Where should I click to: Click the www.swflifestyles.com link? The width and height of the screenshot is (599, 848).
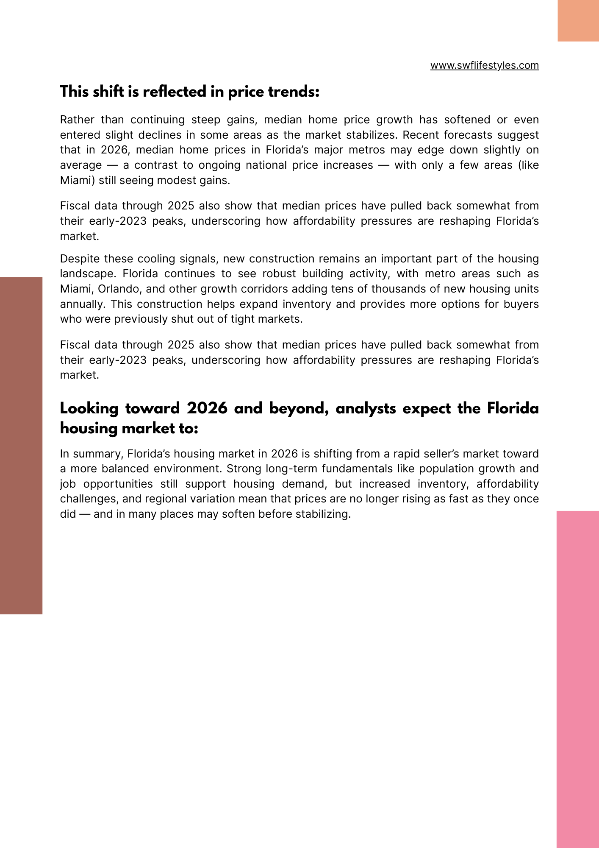[484, 65]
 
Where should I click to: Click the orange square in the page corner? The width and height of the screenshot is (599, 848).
[578, 20]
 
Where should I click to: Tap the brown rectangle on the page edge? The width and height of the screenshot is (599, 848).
[21, 445]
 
